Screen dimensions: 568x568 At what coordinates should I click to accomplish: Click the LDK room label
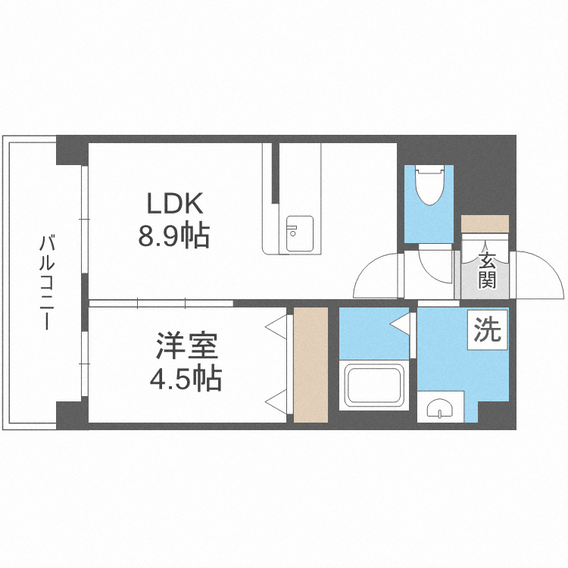click(173, 204)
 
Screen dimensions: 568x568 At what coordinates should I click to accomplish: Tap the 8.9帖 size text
click(173, 237)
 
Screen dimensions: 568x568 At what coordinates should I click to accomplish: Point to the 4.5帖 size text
click(187, 376)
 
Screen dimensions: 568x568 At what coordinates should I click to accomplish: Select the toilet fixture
click(429, 186)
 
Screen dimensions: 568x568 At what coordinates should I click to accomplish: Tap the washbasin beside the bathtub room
click(439, 410)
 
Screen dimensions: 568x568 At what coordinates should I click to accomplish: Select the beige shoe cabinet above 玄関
click(485, 225)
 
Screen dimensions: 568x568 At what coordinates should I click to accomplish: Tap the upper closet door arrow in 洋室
click(276, 326)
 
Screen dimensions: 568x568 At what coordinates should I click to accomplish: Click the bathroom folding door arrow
click(399, 325)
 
